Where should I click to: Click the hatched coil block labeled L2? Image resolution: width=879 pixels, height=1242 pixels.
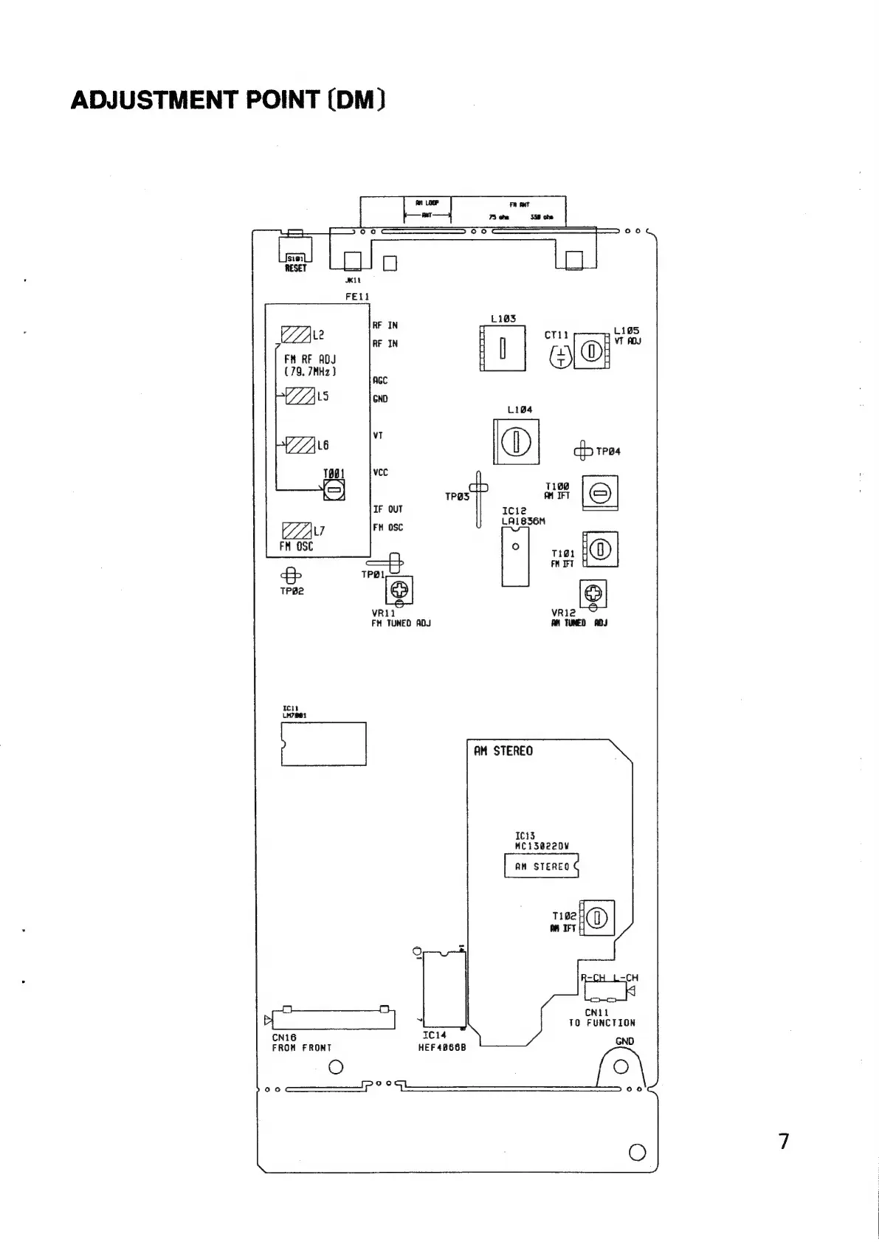pyautogui.click(x=296, y=334)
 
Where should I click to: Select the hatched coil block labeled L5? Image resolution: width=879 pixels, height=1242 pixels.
pyautogui.click(x=300, y=396)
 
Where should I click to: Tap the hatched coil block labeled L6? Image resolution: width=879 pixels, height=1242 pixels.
pyautogui.click(x=300, y=445)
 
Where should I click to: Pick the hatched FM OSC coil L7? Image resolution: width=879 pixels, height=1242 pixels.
pyautogui.click(x=297, y=531)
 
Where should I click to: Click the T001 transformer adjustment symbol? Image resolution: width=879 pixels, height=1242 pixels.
pyautogui.click(x=334, y=489)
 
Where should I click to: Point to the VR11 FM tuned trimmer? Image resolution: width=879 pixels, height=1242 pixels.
pyautogui.click(x=399, y=590)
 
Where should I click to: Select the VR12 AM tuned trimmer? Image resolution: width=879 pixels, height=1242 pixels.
pyautogui.click(x=593, y=593)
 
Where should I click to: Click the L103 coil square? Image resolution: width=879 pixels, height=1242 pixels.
pyautogui.click(x=503, y=348)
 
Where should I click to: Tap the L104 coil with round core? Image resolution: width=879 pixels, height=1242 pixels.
pyautogui.click(x=517, y=441)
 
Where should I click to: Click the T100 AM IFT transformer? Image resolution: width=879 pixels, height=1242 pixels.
pyautogui.click(x=600, y=493)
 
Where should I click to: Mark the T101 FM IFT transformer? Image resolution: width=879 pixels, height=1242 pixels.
pyautogui.click(x=601, y=549)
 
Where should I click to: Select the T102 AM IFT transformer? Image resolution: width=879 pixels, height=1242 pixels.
pyautogui.click(x=597, y=918)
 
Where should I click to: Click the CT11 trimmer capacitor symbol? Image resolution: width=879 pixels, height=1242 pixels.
pyautogui.click(x=562, y=358)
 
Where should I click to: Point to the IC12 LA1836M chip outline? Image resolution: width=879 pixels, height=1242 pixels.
pyautogui.click(x=515, y=556)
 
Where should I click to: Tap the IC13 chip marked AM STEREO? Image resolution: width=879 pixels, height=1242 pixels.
pyautogui.click(x=541, y=866)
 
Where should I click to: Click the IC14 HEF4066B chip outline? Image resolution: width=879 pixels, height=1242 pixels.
pyautogui.click(x=444, y=989)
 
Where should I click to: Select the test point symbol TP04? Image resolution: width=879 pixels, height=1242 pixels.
pyautogui.click(x=583, y=451)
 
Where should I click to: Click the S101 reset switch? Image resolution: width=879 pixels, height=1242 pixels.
pyautogui.click(x=295, y=249)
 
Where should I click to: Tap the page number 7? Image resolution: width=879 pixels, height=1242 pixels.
pyautogui.click(x=784, y=1141)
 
